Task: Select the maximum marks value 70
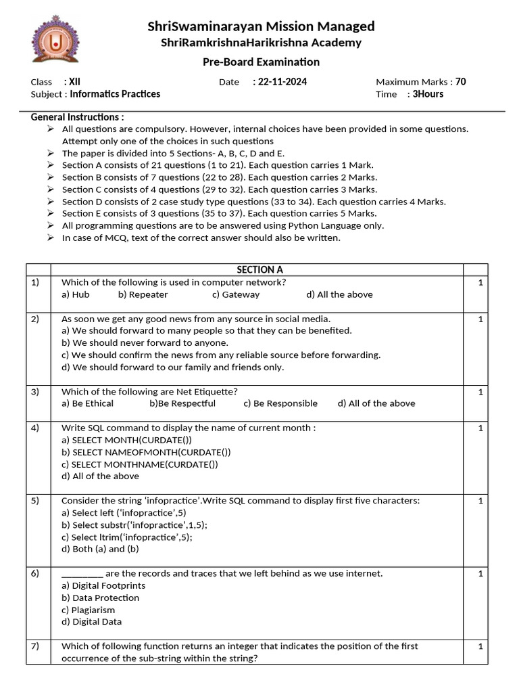pos(460,82)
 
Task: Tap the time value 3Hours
pos(428,94)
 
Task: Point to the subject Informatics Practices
pos(115,94)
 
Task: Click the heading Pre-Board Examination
pos(261,62)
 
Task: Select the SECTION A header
pos(260,269)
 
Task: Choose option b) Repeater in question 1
pos(143,294)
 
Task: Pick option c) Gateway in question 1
pos(235,294)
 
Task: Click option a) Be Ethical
pos(87,403)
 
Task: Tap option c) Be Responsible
pos(280,403)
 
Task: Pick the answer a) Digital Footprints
pos(103,585)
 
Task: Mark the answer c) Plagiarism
pos(89,610)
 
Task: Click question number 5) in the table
pos(35,501)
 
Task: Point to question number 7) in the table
pos(35,646)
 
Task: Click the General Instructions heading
pos(77,117)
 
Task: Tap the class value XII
pos(75,82)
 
